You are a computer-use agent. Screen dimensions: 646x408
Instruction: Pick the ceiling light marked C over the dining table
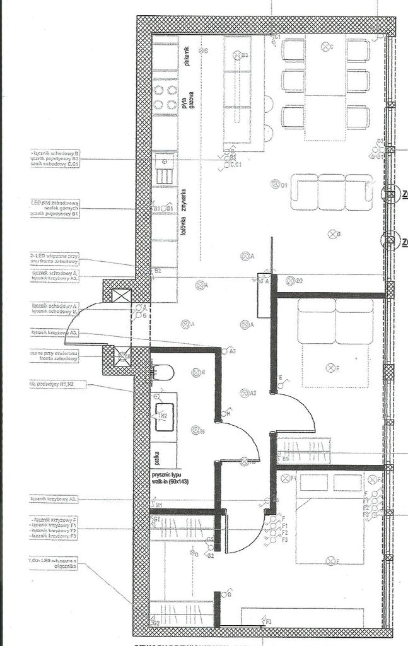[x=326, y=46]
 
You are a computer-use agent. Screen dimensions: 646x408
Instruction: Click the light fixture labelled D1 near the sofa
[x=275, y=184]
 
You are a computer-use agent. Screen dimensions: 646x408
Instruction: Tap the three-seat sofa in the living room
[x=331, y=192]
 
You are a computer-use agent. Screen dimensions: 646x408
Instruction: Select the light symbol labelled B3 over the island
[x=238, y=56]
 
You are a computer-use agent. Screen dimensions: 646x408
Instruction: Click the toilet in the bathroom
[x=163, y=372]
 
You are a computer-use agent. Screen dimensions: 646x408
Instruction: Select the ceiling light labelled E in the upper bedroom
[x=330, y=368]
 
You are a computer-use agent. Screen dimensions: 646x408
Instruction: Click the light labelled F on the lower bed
[x=330, y=560]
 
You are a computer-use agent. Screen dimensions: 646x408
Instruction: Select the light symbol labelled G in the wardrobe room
[x=223, y=594]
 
